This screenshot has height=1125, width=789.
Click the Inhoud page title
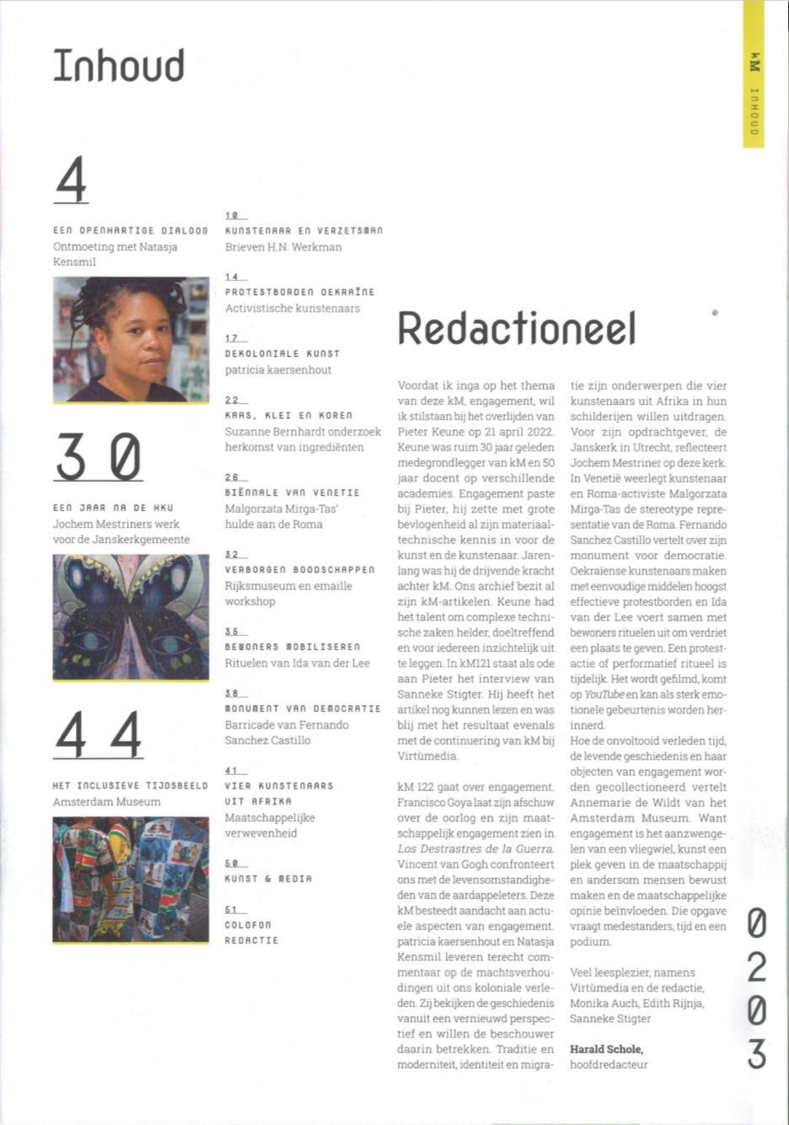tap(119, 67)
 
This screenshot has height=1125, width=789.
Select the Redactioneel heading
tap(516, 329)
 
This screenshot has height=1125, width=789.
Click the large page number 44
tap(98, 734)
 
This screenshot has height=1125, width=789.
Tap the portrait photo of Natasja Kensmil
tap(131, 339)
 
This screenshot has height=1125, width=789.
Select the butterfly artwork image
tap(131, 617)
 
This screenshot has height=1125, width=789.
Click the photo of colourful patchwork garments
tap(131, 880)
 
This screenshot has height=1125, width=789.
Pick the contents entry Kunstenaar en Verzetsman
tap(303, 230)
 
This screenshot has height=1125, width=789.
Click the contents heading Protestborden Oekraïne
tap(299, 292)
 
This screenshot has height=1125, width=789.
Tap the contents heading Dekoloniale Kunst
tap(282, 353)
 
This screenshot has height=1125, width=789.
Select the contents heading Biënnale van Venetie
tap(292, 493)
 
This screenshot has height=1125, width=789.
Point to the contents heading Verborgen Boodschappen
tap(299, 570)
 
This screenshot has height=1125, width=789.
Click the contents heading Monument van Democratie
tap(303, 709)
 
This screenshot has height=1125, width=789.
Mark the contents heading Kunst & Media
tap(268, 879)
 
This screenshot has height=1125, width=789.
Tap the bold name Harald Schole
tap(606, 1049)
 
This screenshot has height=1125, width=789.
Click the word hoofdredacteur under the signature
tap(609, 1065)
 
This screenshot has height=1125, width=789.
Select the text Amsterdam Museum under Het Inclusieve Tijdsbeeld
tap(106, 801)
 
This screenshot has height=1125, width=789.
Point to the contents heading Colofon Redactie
tap(251, 933)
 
